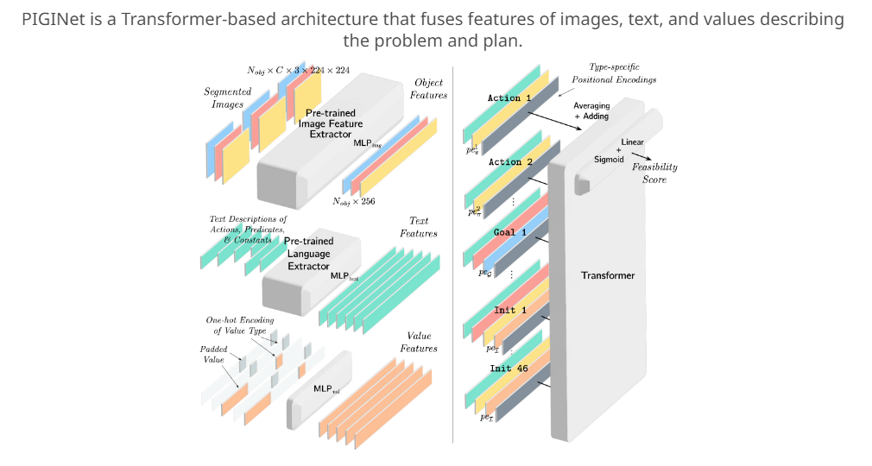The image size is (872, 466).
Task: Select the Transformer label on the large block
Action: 607,275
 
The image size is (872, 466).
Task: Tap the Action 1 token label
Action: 509,98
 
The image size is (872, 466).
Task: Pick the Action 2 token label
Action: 510,161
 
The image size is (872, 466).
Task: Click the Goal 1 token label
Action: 504,232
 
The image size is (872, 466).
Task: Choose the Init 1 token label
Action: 504,310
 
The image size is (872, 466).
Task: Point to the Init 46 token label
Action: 508,368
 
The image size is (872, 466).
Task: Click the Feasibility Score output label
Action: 654,173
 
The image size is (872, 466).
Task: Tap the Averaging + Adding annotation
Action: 591,110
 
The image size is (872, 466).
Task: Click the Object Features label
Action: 428,89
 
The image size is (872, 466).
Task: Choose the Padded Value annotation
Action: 214,354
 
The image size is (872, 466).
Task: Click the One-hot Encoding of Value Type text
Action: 239,325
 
